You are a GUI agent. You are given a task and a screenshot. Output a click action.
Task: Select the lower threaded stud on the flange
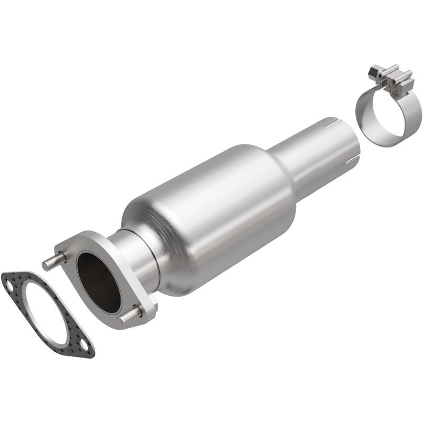(x=130, y=317)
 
